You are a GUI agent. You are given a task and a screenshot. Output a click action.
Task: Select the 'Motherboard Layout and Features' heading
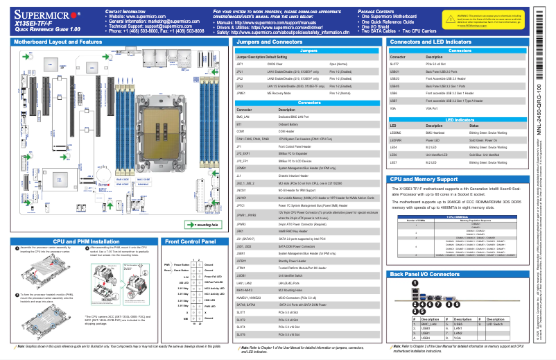point(58,42)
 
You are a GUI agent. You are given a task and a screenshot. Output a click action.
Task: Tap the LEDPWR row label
point(396,139)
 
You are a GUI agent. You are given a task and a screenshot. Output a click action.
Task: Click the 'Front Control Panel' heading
point(189,242)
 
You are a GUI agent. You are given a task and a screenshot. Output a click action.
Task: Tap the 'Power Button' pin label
point(181,264)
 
